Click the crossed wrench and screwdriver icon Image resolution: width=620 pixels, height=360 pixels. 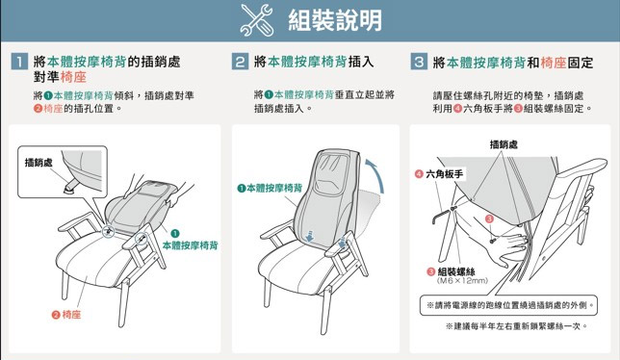coord(257,20)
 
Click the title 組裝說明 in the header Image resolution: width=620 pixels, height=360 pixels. coord(335,20)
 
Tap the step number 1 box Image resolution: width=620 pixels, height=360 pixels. coord(19,62)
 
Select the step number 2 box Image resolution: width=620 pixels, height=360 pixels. coord(240,62)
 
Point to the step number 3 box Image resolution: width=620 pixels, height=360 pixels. coord(419,62)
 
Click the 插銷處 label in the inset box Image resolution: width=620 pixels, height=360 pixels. coord(39,163)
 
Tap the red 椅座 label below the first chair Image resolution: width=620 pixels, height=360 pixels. coord(66,315)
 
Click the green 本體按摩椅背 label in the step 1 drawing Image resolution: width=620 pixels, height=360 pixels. coord(191,245)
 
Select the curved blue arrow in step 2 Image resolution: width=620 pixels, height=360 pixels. coord(375,175)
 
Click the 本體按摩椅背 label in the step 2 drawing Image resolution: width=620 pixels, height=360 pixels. coord(270,188)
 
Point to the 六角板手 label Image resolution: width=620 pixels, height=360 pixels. coord(439,174)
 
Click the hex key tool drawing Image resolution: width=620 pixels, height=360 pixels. coord(442,216)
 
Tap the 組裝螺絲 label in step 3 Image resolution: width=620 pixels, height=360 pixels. coord(452,271)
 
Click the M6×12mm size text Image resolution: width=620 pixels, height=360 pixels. coord(462,281)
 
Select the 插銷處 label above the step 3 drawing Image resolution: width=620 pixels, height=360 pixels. coord(504,144)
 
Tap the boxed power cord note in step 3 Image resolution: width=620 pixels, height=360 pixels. coord(508,305)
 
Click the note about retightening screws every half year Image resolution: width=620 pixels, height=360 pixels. coord(516,326)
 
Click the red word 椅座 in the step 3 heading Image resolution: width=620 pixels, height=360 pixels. coord(554,63)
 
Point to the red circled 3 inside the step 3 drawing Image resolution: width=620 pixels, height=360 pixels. coord(489,219)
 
